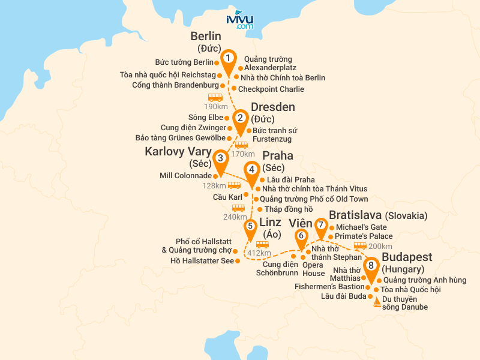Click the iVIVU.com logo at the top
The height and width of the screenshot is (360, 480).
pos(240,20)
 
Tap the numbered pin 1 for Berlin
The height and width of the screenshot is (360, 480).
pos(228,58)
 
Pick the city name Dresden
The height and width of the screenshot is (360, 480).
pos(273,107)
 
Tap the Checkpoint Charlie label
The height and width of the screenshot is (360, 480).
pos(271,89)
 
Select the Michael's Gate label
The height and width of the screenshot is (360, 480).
pos(361,227)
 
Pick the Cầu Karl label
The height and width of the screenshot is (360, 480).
pos(227,196)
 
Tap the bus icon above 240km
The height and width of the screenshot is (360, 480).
pos(238,208)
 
